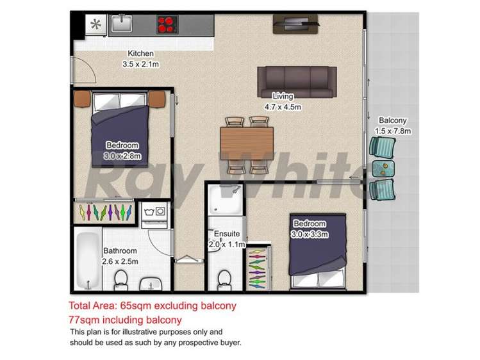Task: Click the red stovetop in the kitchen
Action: pyautogui.click(x=167, y=25)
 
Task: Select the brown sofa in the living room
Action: pyautogui.click(x=297, y=81)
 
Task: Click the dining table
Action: pyautogui.click(x=247, y=143)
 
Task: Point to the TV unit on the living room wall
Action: pyautogui.click(x=294, y=23)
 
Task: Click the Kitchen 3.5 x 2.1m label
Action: pyautogui.click(x=140, y=59)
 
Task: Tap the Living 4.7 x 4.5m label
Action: pyautogui.click(x=283, y=102)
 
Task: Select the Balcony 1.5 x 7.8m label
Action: pyautogui.click(x=392, y=126)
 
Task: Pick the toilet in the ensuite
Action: pyautogui.click(x=225, y=279)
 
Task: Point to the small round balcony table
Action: pyautogui.click(x=384, y=168)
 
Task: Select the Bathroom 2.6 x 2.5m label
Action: pyautogui.click(x=120, y=256)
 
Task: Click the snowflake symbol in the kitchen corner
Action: pyautogui.click(x=96, y=25)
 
